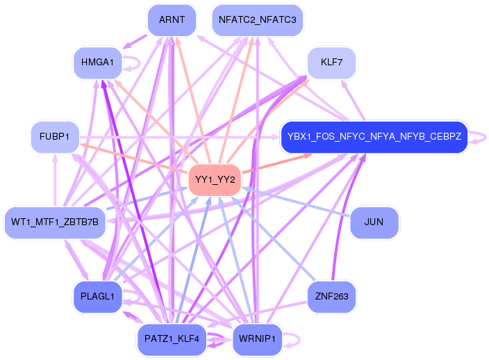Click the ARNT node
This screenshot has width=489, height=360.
[x=171, y=20]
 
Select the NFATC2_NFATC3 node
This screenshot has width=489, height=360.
[x=257, y=20]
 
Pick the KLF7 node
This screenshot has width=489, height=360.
[x=331, y=63]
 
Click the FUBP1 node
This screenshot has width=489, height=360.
[x=55, y=137]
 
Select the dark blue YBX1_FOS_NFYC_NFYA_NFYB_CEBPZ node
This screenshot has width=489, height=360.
[x=374, y=137]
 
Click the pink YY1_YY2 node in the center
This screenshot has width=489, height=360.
[x=215, y=179]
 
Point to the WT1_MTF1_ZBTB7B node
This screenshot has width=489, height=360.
[x=55, y=222]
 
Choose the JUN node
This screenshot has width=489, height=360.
[x=374, y=222]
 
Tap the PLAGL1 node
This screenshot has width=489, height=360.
[x=97, y=297]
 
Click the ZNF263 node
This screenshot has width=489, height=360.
[x=331, y=297]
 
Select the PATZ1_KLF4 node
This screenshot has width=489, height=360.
[x=171, y=339]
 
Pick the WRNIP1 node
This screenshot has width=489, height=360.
[x=257, y=339]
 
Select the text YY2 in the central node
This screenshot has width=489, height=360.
[x=226, y=179]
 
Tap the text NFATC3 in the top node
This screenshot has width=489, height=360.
[x=279, y=20]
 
